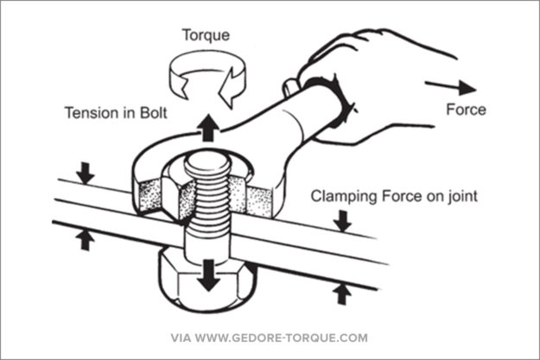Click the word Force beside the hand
point(466,110)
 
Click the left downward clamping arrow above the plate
point(84,173)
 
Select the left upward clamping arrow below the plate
point(85,238)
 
